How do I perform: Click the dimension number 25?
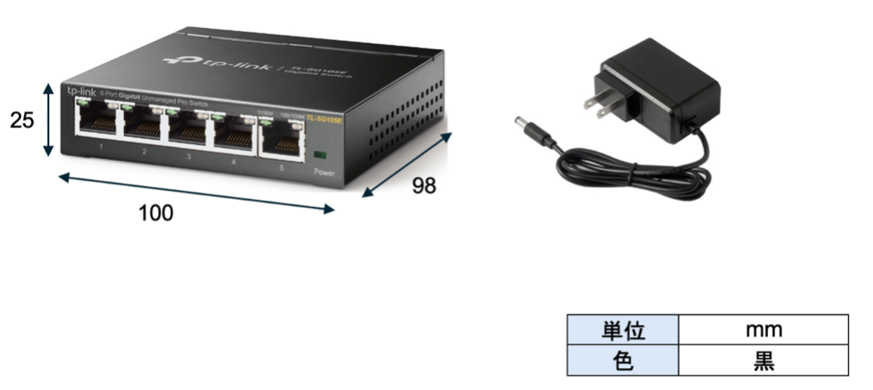point(22,119)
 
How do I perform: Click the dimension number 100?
point(156,213)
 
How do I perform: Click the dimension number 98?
point(424,186)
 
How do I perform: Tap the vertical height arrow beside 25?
point(48,119)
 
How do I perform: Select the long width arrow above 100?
point(197,193)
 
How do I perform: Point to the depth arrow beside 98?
point(407,165)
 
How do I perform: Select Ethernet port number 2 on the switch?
point(143,125)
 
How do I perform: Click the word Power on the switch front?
point(324,172)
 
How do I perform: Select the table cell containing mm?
point(763,330)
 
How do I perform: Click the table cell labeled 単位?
point(623,330)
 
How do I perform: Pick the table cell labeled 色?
point(623,361)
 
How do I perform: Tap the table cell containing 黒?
point(763,361)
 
